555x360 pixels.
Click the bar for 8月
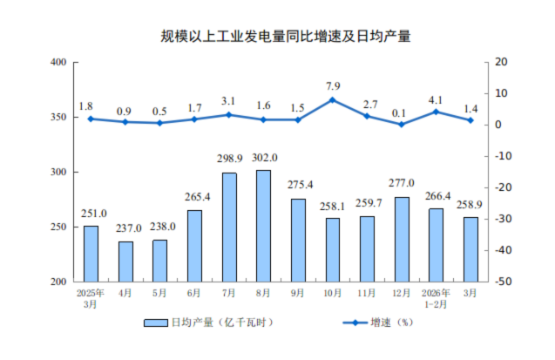tap(263, 226)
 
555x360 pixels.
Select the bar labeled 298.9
tap(229, 228)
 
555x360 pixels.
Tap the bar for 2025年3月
tap(91, 254)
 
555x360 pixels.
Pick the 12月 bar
tap(402, 240)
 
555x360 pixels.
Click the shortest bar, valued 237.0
tap(125, 262)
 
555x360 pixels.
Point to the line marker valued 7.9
tap(332, 100)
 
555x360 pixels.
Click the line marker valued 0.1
tap(402, 125)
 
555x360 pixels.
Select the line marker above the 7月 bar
tap(229, 115)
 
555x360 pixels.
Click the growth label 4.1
tap(436, 99)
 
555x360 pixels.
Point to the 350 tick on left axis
tap(59, 118)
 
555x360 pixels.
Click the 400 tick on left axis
tap(59, 63)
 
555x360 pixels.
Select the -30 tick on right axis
tap(499, 220)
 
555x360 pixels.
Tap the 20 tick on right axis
tap(498, 63)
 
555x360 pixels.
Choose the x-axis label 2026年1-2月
tap(436, 299)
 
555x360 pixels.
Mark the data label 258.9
tap(470, 205)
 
